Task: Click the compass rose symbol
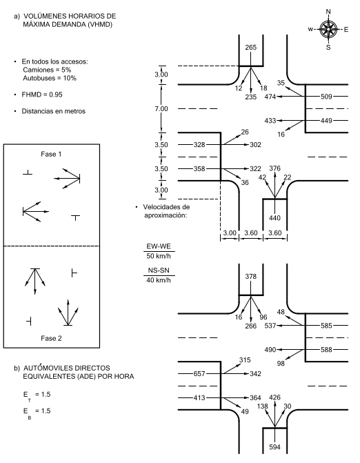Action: coord(328,29)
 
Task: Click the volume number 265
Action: coord(251,47)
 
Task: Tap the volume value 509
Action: coord(326,97)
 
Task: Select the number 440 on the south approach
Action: coord(274,218)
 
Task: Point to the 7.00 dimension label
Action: coord(161,109)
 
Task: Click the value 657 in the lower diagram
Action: coord(199,374)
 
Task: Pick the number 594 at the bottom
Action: coord(274,447)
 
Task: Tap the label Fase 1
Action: coord(51,154)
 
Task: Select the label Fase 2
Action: coord(51,338)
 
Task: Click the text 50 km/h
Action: coord(159,256)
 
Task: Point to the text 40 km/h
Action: coord(159,280)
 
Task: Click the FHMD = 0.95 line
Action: coord(42,95)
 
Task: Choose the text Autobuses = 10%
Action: coord(50,78)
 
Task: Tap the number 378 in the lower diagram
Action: coord(251,277)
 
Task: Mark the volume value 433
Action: coord(270,121)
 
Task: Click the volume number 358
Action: coord(199,168)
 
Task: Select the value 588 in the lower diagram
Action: coord(326,350)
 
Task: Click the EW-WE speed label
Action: coord(159,246)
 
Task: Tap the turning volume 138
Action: coord(262,406)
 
